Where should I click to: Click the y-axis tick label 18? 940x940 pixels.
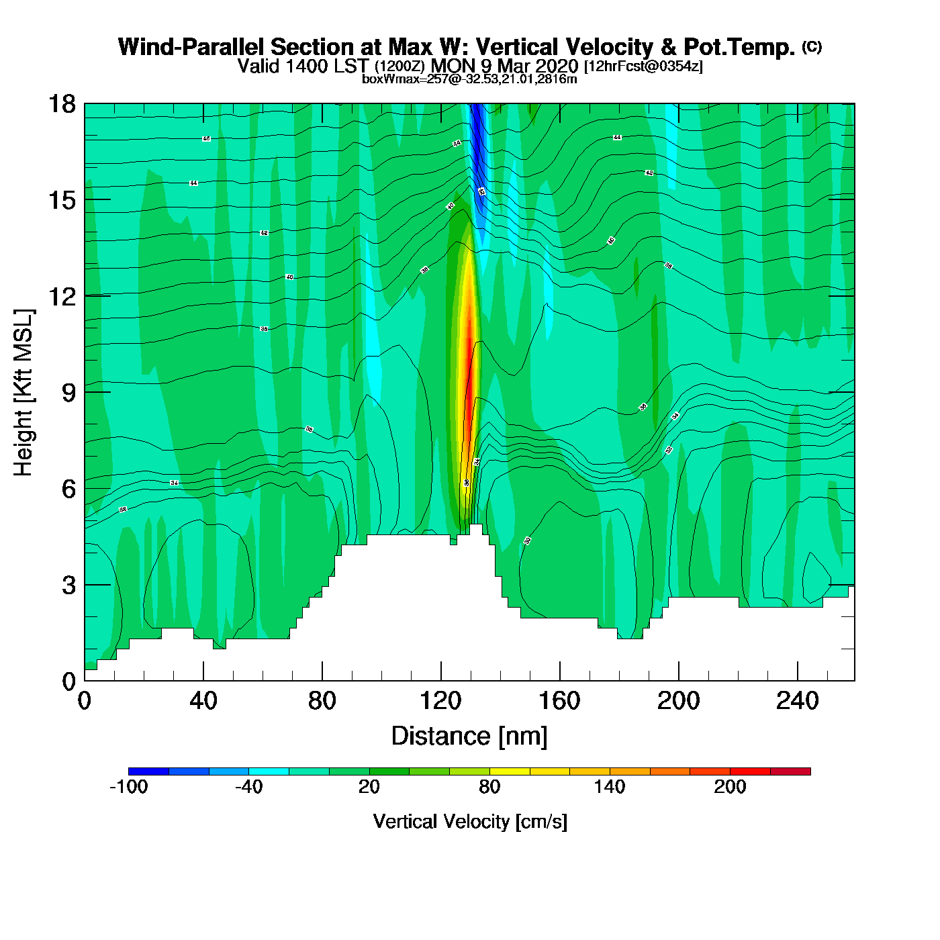[x=62, y=104]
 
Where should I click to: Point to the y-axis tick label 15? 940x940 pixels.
[x=62, y=200]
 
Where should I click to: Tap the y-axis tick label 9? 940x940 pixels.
[x=68, y=393]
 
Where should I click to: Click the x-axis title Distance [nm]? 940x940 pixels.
[x=469, y=737]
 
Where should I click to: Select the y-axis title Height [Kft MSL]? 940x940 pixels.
[x=23, y=393]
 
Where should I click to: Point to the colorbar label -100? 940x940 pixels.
[x=128, y=787]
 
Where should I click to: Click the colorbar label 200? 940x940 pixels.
[x=730, y=787]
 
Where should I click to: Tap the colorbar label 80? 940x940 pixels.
[x=489, y=787]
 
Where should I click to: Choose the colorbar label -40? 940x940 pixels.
[x=248, y=787]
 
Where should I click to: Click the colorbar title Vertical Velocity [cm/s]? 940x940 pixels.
[x=470, y=822]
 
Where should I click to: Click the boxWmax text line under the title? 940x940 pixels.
[x=469, y=79]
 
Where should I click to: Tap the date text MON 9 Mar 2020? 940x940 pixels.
[x=504, y=66]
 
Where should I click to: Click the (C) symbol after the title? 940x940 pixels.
[x=812, y=46]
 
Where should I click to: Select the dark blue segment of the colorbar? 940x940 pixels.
[x=148, y=771]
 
